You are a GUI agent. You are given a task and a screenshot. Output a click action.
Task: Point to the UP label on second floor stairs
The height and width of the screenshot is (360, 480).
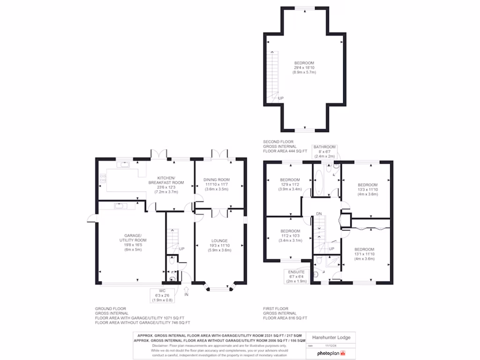click(x=281, y=98)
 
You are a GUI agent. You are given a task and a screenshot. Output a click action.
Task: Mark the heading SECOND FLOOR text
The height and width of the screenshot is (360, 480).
click(x=278, y=142)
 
